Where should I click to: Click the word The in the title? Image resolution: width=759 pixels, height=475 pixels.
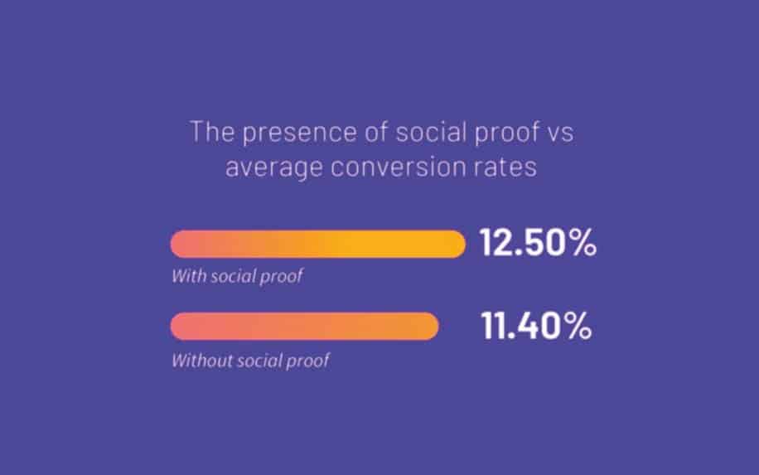click(212, 131)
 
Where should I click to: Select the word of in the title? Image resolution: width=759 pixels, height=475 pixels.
click(376, 131)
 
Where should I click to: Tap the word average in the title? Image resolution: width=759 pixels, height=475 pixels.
click(274, 168)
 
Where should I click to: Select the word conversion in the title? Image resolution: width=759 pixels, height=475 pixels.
click(399, 167)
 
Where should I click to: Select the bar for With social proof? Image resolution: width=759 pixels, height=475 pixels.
click(318, 244)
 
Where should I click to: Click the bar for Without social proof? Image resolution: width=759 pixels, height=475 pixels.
click(304, 326)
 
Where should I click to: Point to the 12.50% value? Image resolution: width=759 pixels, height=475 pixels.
click(538, 242)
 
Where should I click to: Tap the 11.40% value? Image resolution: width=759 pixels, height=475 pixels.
click(536, 326)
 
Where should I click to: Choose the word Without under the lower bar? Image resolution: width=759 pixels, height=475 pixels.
click(202, 361)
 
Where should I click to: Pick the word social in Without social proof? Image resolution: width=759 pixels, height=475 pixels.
click(259, 361)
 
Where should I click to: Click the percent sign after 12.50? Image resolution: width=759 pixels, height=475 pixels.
click(583, 242)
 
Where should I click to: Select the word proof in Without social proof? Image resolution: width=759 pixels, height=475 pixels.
click(308, 361)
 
